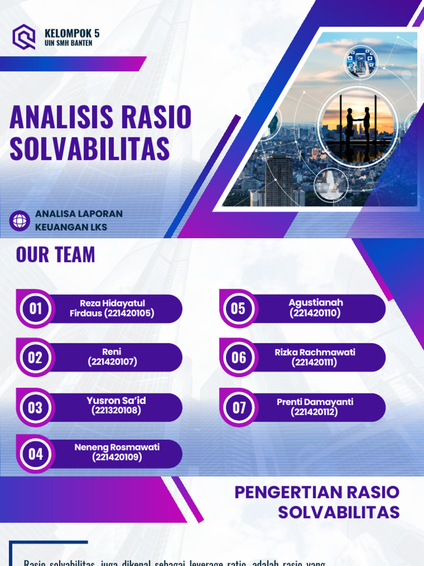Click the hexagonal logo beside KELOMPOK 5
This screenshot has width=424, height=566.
(24, 37)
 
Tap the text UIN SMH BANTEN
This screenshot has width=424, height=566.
(68, 43)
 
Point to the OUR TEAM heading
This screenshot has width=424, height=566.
(55, 255)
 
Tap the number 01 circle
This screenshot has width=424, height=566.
(36, 308)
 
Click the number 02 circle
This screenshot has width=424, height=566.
(35, 358)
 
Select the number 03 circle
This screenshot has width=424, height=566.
(35, 408)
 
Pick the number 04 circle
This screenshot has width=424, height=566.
(35, 454)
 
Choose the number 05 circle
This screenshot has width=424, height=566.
(238, 308)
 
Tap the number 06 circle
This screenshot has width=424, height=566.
(239, 358)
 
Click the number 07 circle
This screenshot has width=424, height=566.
(239, 408)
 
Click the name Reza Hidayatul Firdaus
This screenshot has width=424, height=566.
(112, 308)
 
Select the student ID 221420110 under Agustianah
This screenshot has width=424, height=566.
(315, 313)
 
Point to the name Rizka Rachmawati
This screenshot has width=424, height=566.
(315, 352)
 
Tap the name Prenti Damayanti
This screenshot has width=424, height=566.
(315, 402)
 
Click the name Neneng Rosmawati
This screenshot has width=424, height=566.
(117, 447)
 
